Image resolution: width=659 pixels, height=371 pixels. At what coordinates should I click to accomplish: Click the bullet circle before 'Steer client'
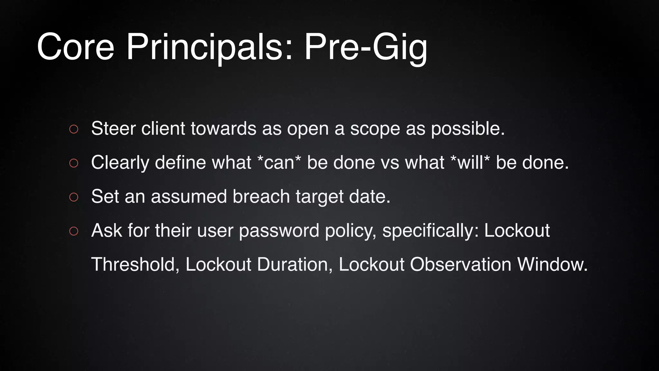(74, 129)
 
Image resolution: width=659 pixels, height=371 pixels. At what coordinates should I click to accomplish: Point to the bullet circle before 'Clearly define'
(74, 163)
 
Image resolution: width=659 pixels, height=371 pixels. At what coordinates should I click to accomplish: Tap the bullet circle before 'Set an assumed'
(74, 197)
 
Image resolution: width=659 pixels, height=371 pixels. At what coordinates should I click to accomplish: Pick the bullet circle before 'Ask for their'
(74, 231)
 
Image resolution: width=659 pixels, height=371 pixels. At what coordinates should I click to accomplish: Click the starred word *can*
(279, 162)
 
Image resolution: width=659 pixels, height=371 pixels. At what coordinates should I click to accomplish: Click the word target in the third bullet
(320, 196)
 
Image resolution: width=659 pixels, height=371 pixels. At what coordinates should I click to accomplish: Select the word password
(279, 231)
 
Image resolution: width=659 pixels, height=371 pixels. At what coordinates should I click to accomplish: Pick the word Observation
(460, 264)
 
